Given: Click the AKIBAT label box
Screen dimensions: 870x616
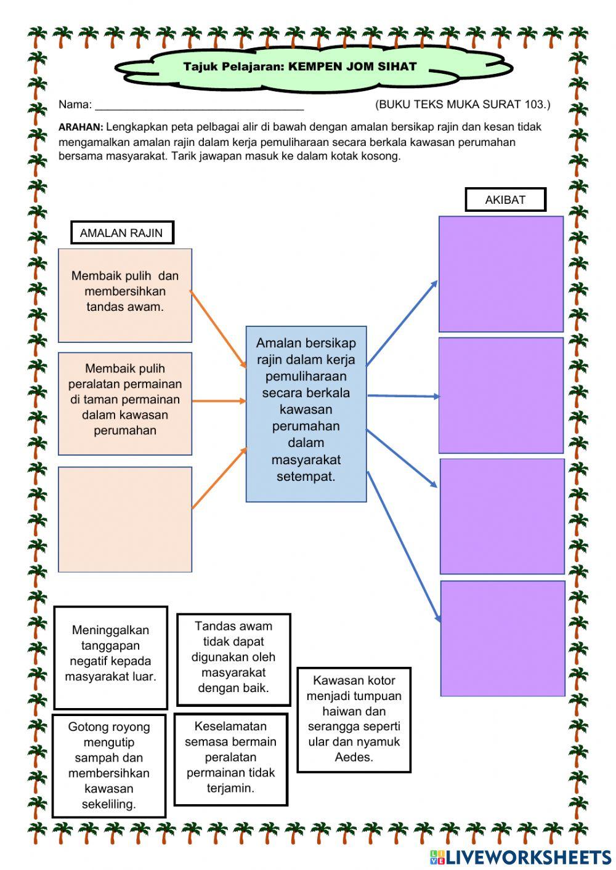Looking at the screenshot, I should [x=505, y=199].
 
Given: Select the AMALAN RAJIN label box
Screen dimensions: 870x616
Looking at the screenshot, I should [x=121, y=233].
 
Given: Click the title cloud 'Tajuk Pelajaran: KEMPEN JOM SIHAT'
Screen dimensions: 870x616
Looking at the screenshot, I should [x=300, y=66].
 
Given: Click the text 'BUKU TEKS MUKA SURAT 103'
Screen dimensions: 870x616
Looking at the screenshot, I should [x=463, y=105].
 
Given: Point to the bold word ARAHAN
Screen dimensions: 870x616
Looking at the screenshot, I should [x=81, y=127].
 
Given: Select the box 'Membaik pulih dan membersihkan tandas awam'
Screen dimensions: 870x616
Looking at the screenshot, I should [x=125, y=295].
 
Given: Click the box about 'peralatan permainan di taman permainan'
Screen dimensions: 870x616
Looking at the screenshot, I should [x=125, y=403].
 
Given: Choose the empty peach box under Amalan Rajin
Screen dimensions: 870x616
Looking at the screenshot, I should [x=125, y=519].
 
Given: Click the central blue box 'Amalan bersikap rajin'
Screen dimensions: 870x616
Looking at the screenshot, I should [x=306, y=414].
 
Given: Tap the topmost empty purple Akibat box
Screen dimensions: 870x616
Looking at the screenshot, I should [x=501, y=274].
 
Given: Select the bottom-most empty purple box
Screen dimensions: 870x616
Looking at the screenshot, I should [x=503, y=638].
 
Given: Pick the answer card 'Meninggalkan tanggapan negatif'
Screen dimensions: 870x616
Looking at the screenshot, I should [x=110, y=658].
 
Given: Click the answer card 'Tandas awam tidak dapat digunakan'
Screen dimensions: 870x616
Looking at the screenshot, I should [x=233, y=659].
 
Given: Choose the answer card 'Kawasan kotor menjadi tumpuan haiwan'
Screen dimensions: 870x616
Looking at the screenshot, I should [x=354, y=719].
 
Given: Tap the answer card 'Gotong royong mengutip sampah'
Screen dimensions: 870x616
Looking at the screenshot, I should [x=109, y=765].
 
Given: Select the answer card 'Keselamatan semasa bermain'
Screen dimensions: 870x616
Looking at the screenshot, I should [x=231, y=759].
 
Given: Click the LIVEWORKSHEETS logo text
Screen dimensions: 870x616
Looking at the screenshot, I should [x=527, y=856].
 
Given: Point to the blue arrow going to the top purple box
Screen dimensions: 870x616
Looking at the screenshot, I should [x=402, y=323].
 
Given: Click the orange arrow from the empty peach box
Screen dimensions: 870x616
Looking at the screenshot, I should [x=219, y=478].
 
